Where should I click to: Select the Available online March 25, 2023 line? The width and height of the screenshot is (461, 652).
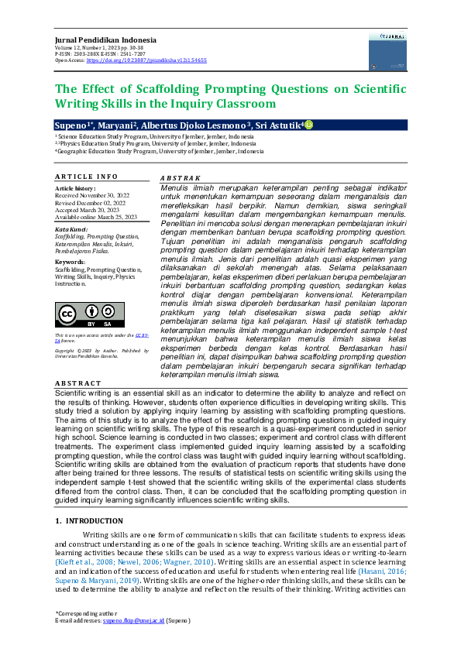(x=95, y=217)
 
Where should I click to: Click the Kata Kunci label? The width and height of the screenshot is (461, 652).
(x=71, y=230)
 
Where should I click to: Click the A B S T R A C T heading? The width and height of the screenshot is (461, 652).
(x=77, y=383)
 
